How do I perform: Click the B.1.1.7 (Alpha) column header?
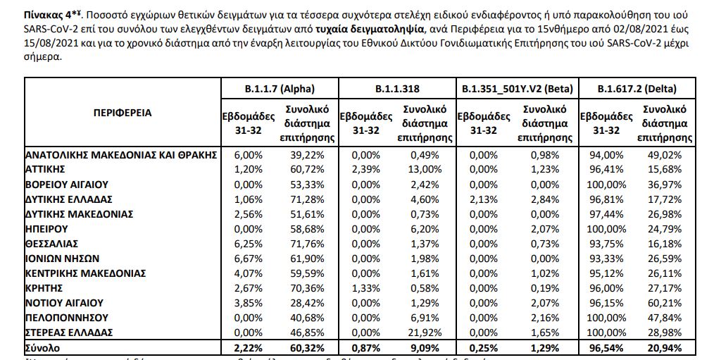[278, 89]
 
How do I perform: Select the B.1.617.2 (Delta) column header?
[637, 89]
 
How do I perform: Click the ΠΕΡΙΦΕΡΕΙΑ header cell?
[122, 112]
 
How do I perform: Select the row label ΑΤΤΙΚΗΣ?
[45, 169]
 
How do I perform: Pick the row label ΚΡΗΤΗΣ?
[44, 287]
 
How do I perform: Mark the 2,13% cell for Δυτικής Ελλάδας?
[482, 199]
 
